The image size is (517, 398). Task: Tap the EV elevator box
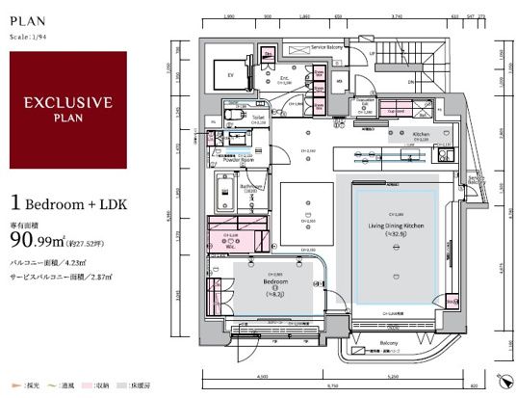[x=230, y=73]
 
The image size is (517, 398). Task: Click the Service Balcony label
[x=330, y=46]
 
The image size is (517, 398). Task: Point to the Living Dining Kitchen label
[x=395, y=226]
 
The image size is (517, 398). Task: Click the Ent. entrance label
[x=285, y=77]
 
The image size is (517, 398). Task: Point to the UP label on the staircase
[x=372, y=52]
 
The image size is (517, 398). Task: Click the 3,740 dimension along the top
[x=396, y=17]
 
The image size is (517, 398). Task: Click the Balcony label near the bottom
[x=388, y=342]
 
